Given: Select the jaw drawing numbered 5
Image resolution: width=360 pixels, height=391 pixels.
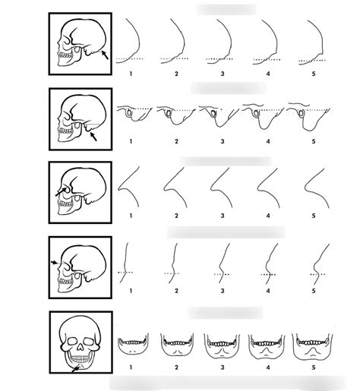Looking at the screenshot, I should pyautogui.click(x=314, y=346).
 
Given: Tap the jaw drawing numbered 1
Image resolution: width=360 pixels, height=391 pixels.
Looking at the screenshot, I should pyautogui.click(x=132, y=345).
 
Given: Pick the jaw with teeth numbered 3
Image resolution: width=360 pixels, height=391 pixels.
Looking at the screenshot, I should pyautogui.click(x=223, y=346).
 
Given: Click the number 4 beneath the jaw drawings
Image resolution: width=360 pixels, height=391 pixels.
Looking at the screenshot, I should pyautogui.click(x=267, y=367).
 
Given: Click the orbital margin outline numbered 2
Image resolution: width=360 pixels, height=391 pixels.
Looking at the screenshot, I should pyautogui.click(x=175, y=187).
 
